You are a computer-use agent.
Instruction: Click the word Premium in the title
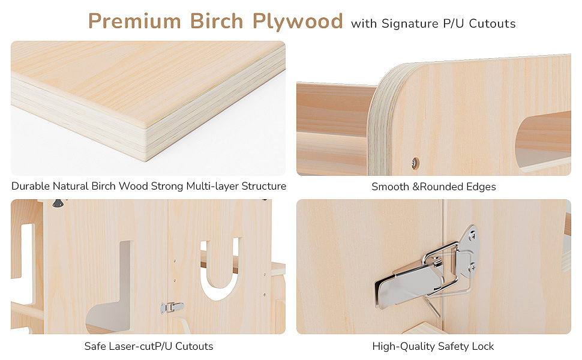click(135, 21)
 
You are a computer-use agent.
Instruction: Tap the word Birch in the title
click(217, 21)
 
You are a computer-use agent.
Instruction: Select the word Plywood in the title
click(298, 22)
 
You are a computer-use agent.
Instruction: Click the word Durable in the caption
click(32, 186)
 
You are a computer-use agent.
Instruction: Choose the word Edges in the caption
click(481, 187)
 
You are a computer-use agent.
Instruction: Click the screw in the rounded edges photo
click(415, 163)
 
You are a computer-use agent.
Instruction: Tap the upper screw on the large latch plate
click(472, 235)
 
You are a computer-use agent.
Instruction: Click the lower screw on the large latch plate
click(473, 267)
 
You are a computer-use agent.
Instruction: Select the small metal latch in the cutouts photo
click(172, 307)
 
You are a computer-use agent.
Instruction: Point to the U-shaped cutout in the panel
click(220, 269)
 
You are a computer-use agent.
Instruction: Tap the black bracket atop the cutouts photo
click(58, 203)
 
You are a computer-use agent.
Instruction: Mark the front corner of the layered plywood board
click(145, 160)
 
